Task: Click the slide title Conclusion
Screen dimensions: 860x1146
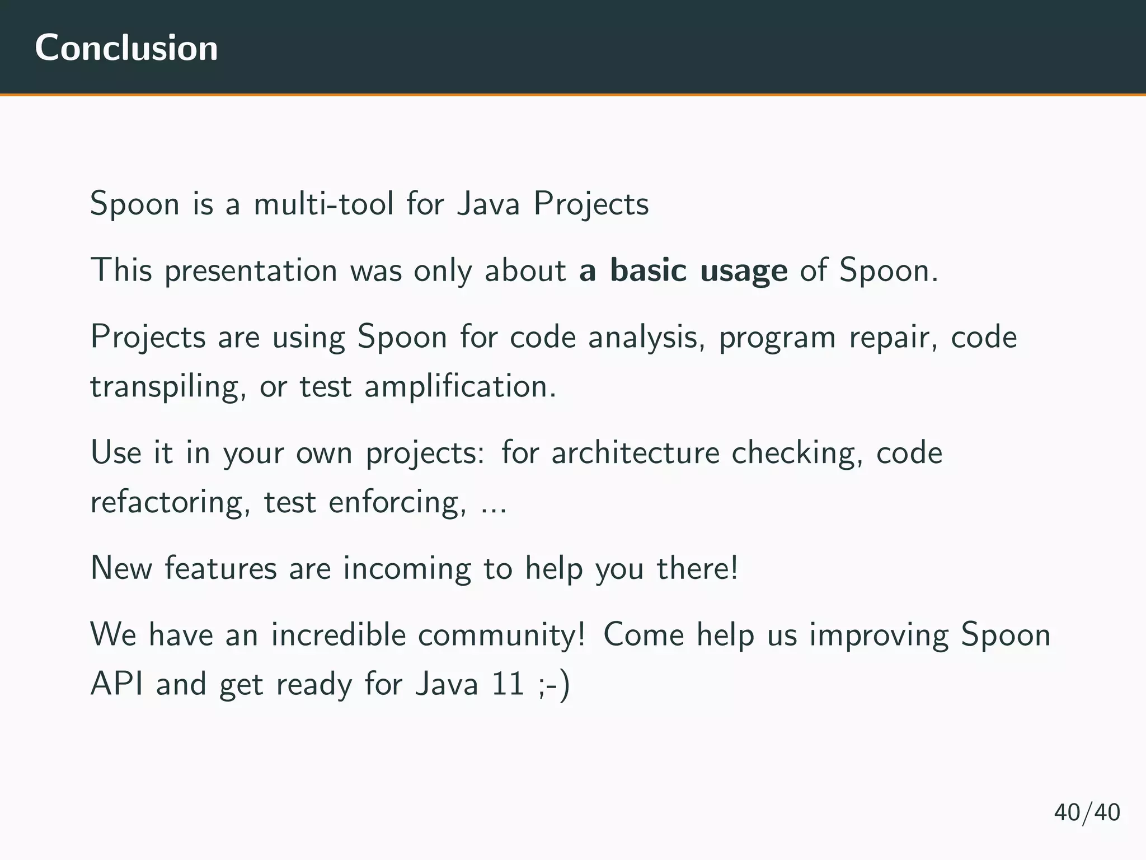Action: click(x=126, y=48)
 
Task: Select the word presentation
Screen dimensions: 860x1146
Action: click(x=251, y=271)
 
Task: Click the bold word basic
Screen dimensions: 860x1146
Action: click(x=648, y=270)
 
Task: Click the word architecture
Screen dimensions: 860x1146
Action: click(x=635, y=453)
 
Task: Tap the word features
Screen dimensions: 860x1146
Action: click(x=220, y=568)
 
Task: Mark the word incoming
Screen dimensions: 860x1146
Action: click(x=407, y=569)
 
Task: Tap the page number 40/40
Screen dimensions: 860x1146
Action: click(x=1087, y=812)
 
